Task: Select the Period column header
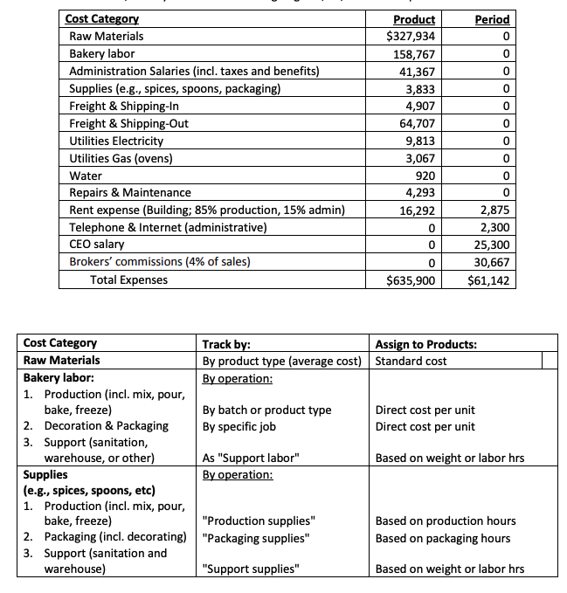click(x=491, y=19)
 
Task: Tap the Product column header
click(x=414, y=19)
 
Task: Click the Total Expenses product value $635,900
click(x=411, y=280)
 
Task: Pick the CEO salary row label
click(x=97, y=245)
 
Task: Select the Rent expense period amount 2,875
click(x=494, y=210)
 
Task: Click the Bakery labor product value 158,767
click(x=414, y=54)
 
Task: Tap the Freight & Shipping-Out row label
click(x=128, y=123)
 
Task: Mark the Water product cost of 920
click(x=423, y=176)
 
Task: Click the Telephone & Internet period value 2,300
click(x=494, y=227)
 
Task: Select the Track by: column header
click(x=226, y=344)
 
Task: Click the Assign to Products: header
click(x=425, y=344)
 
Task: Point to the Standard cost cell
click(x=411, y=361)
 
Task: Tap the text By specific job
click(x=245, y=426)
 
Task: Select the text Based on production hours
click(x=446, y=521)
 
